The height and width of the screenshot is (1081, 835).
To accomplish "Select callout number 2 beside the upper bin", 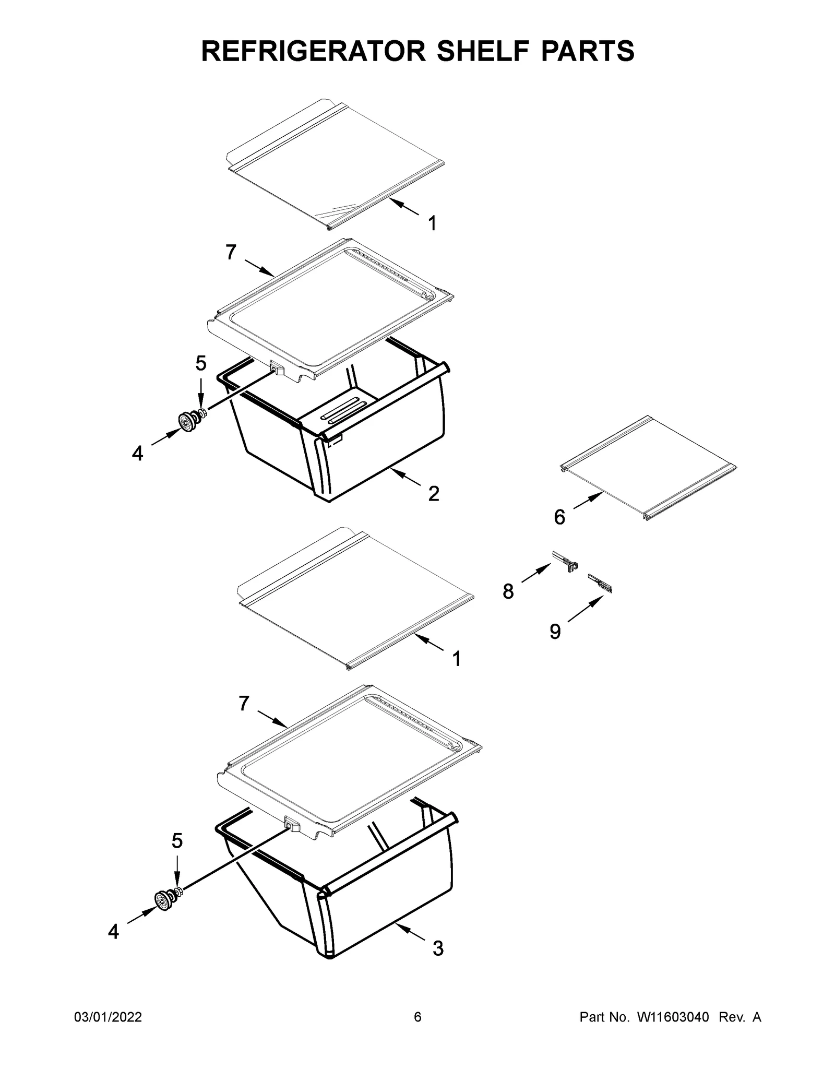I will coord(434,493).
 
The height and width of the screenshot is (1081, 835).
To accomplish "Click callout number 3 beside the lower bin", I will coord(438,948).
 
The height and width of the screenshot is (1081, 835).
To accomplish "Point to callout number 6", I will coord(559,517).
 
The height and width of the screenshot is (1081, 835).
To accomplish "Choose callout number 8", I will coord(508,591).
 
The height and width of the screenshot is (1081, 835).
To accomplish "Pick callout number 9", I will coord(555,632).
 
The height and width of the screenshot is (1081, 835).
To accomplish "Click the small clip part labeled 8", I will coord(565,561).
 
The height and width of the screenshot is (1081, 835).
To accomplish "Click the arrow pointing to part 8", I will coord(536,573).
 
